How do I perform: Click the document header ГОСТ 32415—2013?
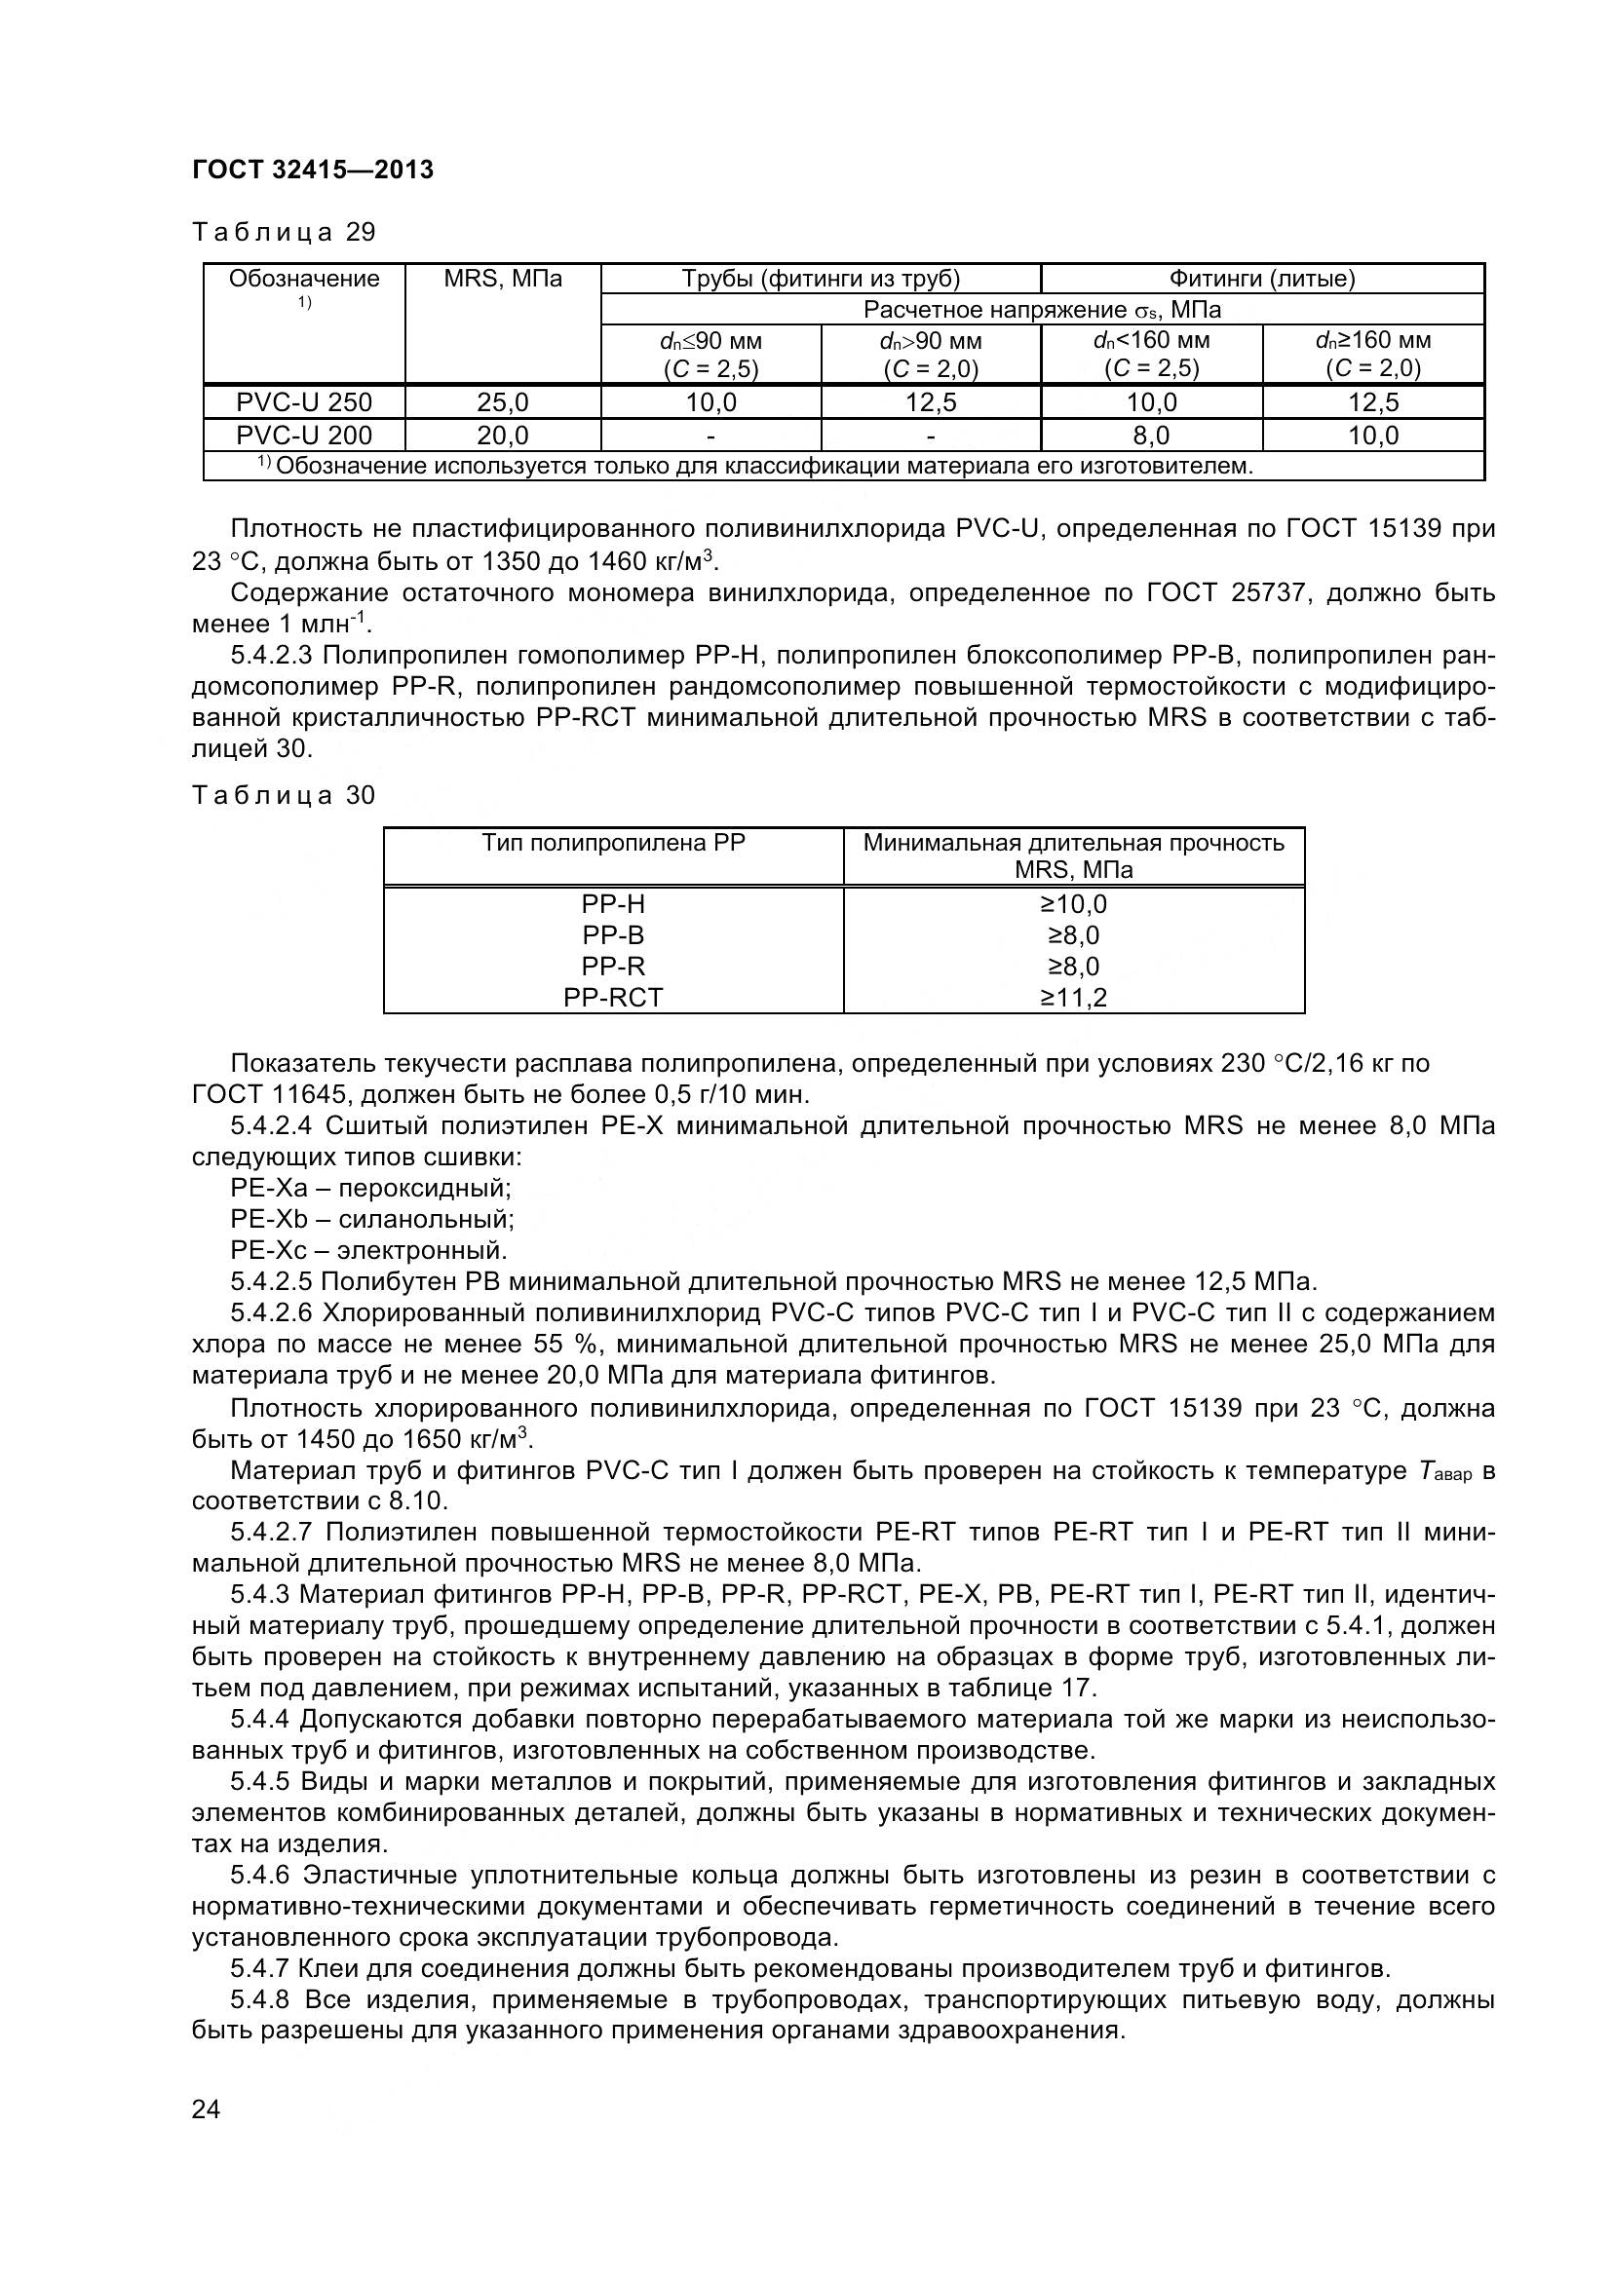[313, 170]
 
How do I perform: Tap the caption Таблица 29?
[284, 232]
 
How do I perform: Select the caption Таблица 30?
[284, 795]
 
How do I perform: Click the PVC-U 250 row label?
[304, 402]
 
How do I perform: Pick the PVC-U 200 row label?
[304, 435]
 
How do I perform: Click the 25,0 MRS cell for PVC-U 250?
[502, 402]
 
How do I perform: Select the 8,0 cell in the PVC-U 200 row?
[1150, 435]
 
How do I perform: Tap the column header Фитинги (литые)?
[1261, 279]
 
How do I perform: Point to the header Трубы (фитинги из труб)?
[820, 279]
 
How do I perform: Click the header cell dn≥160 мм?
[1373, 340]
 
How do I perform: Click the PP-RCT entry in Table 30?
[612, 998]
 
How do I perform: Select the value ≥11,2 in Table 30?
[1073, 998]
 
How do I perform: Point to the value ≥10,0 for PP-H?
[1073, 904]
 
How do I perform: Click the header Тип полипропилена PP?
[612, 843]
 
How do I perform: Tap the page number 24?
[207, 2137]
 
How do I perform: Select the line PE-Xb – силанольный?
[372, 1219]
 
